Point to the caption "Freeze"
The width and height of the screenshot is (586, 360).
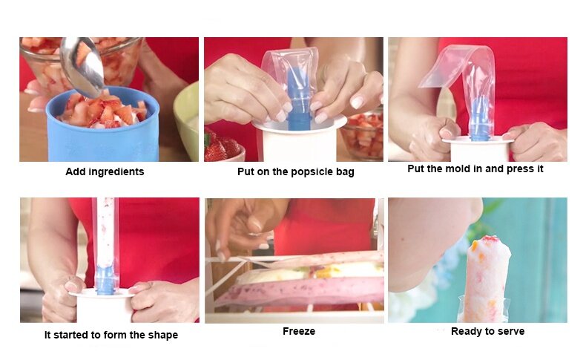click(x=299, y=331)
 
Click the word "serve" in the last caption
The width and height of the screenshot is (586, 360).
click(x=511, y=332)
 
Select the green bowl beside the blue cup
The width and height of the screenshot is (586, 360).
click(x=186, y=120)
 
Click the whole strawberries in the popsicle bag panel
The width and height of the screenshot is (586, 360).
click(x=223, y=145)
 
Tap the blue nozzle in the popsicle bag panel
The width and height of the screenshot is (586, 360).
click(x=298, y=99)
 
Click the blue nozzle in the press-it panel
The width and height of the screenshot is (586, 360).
click(x=480, y=119)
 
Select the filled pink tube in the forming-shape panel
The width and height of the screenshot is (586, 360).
click(x=105, y=234)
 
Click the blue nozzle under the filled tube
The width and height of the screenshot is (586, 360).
click(x=105, y=280)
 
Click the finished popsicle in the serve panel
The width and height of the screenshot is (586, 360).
click(x=486, y=278)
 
